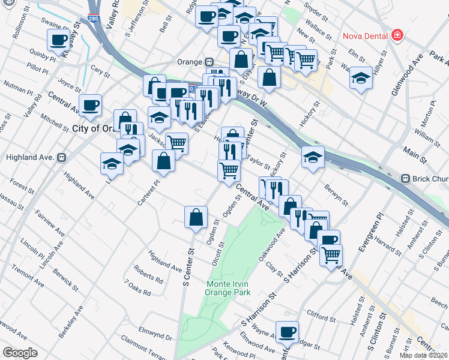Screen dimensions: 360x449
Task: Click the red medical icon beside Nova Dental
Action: click(396, 35)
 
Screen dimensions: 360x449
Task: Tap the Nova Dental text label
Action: click(365, 35)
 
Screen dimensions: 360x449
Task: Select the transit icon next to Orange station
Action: click(209, 62)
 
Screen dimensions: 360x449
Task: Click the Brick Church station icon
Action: click(406, 179)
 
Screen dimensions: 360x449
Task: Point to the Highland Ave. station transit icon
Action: click(61, 157)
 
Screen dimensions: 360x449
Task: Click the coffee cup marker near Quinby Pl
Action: click(58, 40)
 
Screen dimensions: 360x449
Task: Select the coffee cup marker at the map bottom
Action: click(287, 331)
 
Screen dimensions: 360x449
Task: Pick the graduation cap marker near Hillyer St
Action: click(361, 78)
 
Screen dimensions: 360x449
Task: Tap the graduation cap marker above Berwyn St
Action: click(313, 157)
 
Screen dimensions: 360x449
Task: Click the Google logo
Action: click(20, 352)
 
